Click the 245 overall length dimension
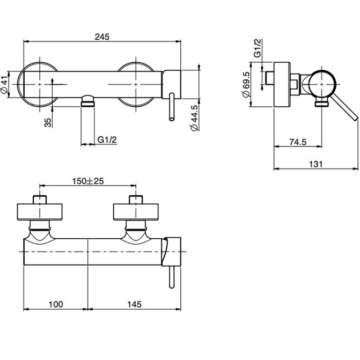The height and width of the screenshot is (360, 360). tap(102, 37)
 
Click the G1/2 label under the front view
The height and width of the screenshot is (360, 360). tap(107, 140)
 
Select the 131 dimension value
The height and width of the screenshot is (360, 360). tap(316, 164)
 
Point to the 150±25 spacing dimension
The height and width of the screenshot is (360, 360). tap(88, 181)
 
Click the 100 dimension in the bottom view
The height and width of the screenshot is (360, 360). tap(55, 304)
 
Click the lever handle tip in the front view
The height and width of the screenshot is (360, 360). tap(172, 117)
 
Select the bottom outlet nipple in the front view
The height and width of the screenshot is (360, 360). tap(87, 100)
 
